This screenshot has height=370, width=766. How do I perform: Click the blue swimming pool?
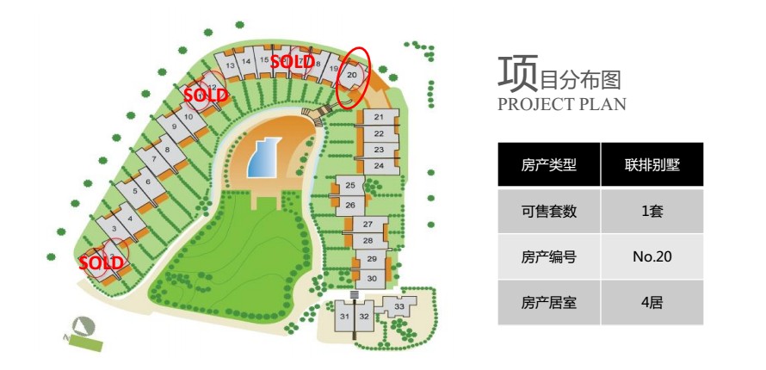pyautogui.click(x=263, y=157)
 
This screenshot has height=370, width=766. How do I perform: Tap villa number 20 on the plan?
pyautogui.click(x=352, y=75)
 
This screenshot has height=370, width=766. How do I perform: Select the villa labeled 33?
pyautogui.click(x=399, y=306)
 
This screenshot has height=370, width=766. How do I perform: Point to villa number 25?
pyautogui.click(x=349, y=186)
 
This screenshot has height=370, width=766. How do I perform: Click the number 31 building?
pyautogui.click(x=345, y=317)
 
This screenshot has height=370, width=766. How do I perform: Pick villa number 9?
pyautogui.click(x=174, y=126)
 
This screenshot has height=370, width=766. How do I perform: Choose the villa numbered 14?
pyautogui.click(x=246, y=61)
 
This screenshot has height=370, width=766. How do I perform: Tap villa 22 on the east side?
pyautogui.click(x=379, y=133)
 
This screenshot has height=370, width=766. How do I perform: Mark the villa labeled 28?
pyautogui.click(x=368, y=240)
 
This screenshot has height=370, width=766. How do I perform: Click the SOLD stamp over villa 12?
pyautogui.click(x=207, y=96)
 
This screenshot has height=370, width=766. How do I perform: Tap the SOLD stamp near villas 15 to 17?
pyautogui.click(x=292, y=61)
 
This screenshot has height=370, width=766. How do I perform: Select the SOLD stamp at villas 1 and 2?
pyautogui.click(x=101, y=263)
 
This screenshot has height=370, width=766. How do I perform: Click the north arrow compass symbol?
pyautogui.click(x=83, y=327)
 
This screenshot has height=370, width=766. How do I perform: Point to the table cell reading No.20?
pyautogui.click(x=652, y=256)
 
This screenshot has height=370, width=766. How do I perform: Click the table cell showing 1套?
pyautogui.click(x=652, y=211)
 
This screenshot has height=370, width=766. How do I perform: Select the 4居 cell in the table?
pyautogui.click(x=652, y=302)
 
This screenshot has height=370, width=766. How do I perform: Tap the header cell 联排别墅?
pyautogui.click(x=652, y=164)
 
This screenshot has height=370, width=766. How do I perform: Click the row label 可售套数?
pyautogui.click(x=548, y=211)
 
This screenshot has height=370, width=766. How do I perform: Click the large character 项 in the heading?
pyautogui.click(x=517, y=73)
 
